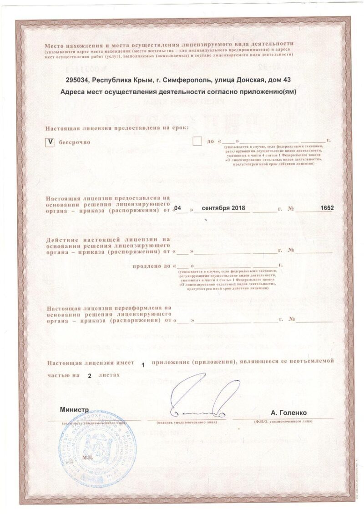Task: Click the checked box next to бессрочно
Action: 51,142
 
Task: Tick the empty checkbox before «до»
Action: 197,142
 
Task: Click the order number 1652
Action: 327,208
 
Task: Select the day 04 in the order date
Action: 181,208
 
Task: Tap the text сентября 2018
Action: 223,208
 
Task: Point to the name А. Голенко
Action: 288,413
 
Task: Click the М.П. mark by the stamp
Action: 86,456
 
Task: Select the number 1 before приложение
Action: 143,365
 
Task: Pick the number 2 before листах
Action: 89,376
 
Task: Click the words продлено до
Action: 151,265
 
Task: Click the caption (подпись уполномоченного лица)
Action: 187,422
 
